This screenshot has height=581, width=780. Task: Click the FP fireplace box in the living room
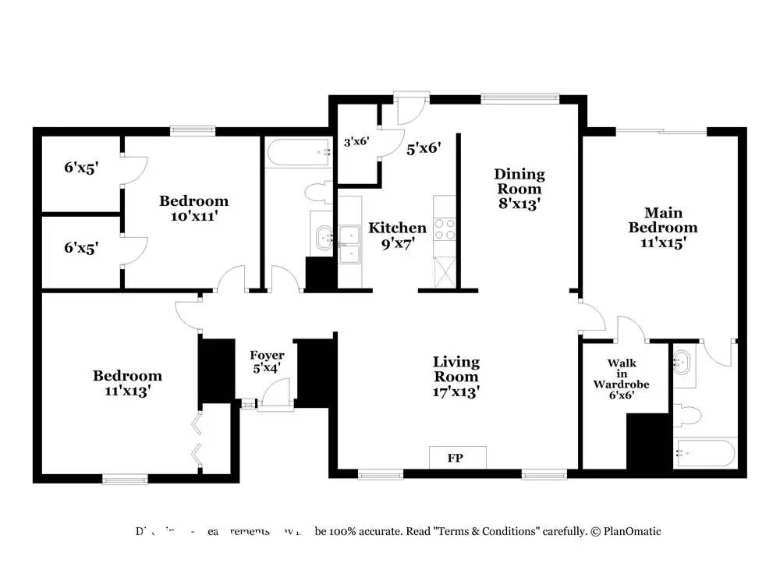coord(457,458)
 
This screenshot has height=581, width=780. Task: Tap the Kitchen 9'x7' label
coord(397,235)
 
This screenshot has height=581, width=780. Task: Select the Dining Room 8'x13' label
coord(519,189)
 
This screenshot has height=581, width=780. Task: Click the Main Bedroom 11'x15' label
coord(663,227)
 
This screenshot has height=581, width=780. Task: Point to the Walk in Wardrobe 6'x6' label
coord(622,379)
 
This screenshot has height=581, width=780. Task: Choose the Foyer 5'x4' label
coord(266,362)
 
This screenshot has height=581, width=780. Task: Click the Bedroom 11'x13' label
coord(127,383)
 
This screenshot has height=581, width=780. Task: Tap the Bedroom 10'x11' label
coord(193,208)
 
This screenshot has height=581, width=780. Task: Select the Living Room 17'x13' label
coord(456,377)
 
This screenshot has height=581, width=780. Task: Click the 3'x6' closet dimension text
coord(356,143)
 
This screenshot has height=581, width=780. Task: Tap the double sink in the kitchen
coord(349,243)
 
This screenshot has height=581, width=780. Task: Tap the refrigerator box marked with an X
coord(445,272)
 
